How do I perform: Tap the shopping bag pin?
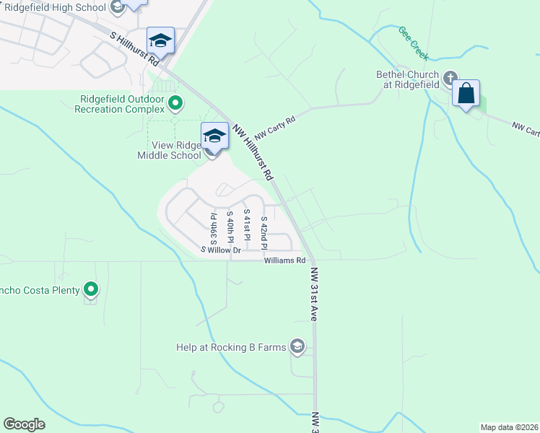coord(466,94)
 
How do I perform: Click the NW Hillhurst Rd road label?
coord(253,152)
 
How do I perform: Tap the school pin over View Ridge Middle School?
coord(214,136)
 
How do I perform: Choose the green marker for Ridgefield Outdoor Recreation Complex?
coord(175,105)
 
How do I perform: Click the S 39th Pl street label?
coord(213,227)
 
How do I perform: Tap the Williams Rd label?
coord(285,260)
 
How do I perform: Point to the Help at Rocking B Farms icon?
coord(296,347)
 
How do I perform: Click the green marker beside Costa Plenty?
coord(91,290)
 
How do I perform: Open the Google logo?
coord(25,424)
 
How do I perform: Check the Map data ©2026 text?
coord(508,427)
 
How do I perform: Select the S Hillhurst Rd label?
coord(134,48)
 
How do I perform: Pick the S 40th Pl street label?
coord(230,226)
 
